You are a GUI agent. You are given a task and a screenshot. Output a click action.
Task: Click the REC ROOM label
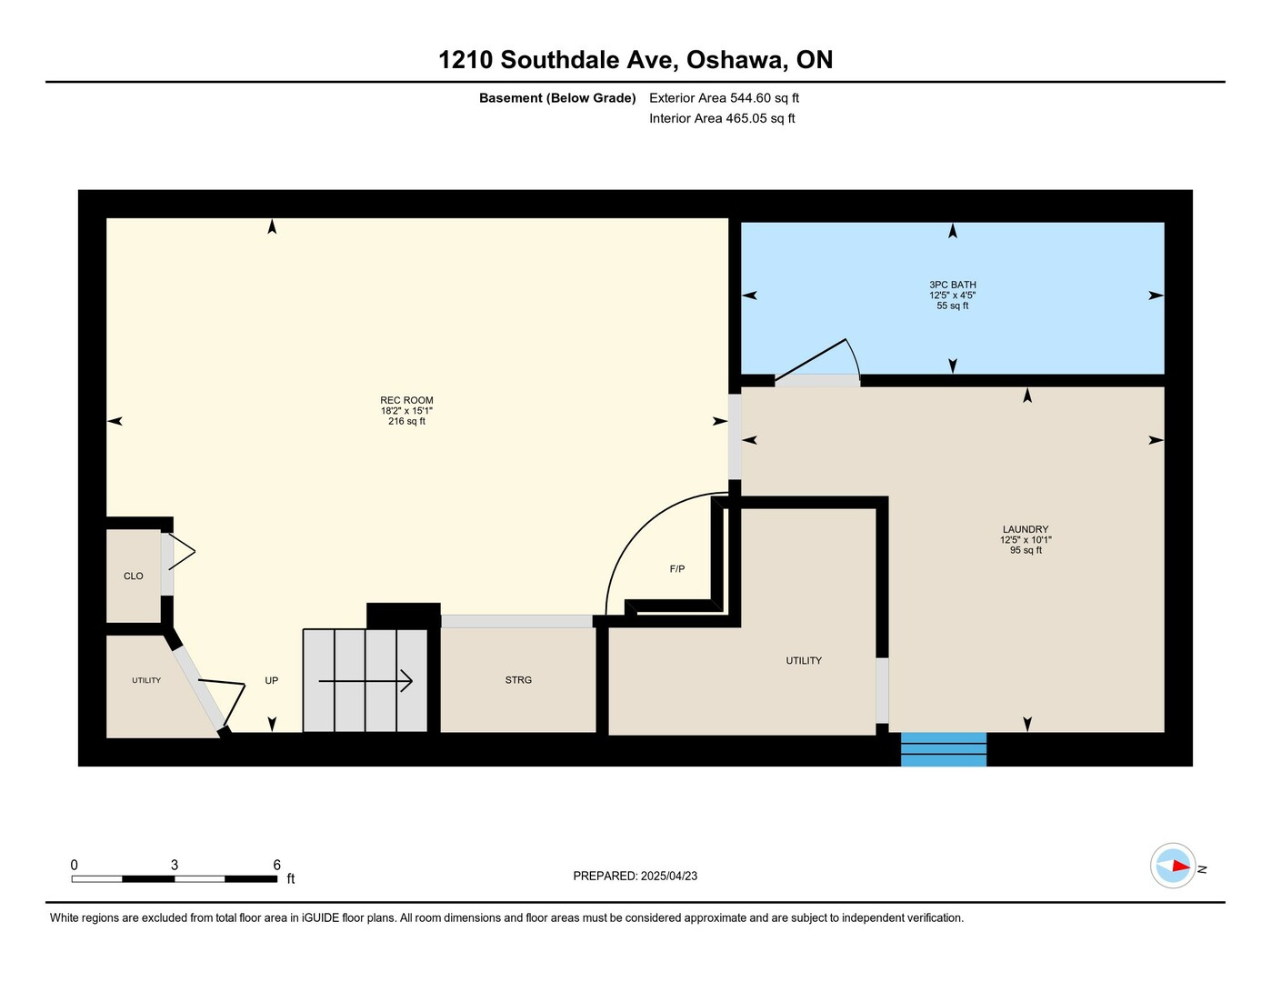pyautogui.click(x=406, y=400)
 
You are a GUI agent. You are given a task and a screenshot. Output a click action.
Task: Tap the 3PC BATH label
pyautogui.click(x=952, y=285)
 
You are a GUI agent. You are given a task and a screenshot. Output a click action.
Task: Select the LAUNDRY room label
pyautogui.click(x=1026, y=529)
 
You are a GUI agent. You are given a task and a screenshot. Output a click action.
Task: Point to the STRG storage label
pyautogui.click(x=518, y=679)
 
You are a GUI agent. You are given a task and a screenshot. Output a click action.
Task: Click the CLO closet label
pyautogui.click(x=134, y=576)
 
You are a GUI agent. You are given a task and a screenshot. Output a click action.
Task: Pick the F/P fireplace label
pyautogui.click(x=677, y=568)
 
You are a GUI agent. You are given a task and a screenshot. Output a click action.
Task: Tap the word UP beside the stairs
pyautogui.click(x=272, y=680)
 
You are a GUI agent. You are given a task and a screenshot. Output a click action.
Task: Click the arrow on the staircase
pyautogui.click(x=365, y=681)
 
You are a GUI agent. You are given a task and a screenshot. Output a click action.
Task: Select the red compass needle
pyautogui.click(x=1181, y=867)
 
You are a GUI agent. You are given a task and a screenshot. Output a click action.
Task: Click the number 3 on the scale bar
pyautogui.click(x=175, y=865)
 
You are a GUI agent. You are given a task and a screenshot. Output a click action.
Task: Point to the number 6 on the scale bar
pyautogui.click(x=276, y=865)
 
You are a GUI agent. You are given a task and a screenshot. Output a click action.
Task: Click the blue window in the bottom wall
pyautogui.click(x=944, y=749)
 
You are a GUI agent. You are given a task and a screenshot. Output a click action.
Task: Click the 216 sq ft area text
pyautogui.click(x=406, y=421)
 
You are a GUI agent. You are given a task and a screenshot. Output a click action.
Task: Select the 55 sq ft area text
pyautogui.click(x=952, y=306)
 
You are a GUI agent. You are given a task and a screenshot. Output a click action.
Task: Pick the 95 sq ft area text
pyautogui.click(x=1026, y=550)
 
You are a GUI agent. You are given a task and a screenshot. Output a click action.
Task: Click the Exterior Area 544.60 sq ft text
pyautogui.click(x=724, y=98)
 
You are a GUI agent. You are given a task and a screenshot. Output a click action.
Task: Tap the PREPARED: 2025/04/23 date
pyautogui.click(x=635, y=876)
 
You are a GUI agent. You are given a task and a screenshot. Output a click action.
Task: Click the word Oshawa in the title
pyautogui.click(x=736, y=60)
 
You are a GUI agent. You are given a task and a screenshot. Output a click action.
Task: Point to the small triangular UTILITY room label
pyautogui.click(x=146, y=680)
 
